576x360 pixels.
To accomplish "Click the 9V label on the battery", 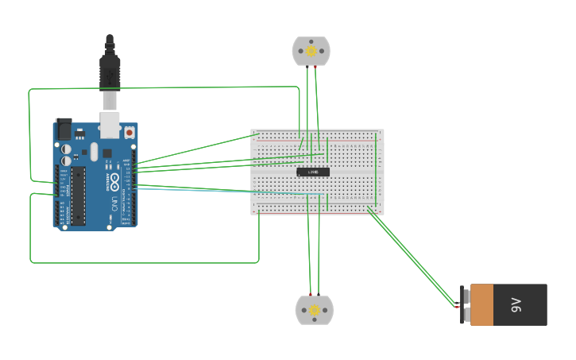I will pos(516,304).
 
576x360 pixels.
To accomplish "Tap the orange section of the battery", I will pos(481,304).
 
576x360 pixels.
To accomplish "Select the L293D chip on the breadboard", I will pos(313,172).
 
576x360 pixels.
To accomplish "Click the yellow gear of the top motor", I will pos(311,52).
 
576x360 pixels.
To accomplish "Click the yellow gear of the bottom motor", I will pos(315,310).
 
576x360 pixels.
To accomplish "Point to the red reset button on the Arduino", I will pos(129,133).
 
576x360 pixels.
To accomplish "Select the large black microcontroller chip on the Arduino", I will pos(79,195).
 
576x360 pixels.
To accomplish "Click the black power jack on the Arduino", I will pos(64,130).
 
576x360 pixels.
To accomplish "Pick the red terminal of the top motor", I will pos(315,67).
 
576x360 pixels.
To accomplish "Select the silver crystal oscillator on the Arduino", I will pos(94,152).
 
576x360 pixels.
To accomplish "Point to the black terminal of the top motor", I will pos(307,67).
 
